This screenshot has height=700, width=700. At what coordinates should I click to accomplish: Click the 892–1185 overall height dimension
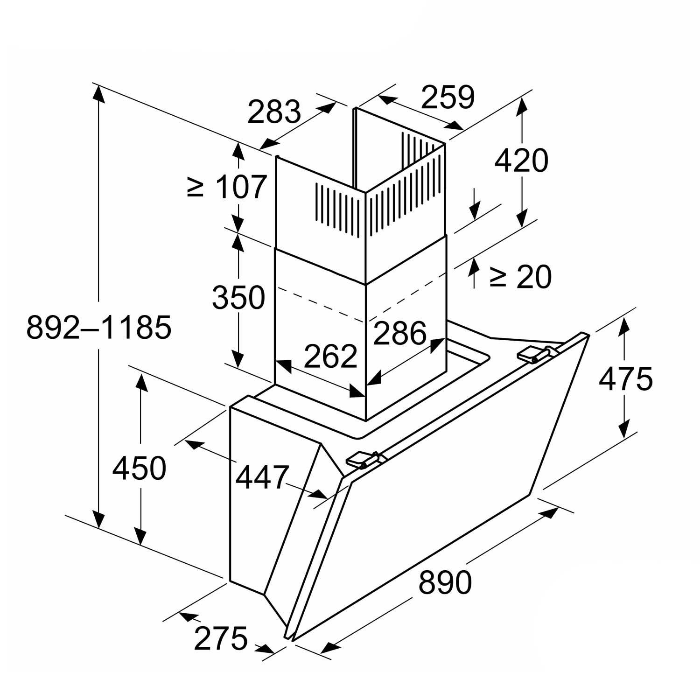[99, 327]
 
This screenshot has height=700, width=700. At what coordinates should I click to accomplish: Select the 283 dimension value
[274, 112]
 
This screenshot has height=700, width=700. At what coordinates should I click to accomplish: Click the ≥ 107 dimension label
[227, 187]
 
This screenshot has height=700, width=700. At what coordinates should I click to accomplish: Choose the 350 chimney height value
[238, 297]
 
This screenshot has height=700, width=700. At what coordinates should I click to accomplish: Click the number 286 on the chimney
[400, 333]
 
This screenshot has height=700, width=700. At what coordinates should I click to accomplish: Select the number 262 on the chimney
[330, 357]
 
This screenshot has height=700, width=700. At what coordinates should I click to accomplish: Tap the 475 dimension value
[626, 378]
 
